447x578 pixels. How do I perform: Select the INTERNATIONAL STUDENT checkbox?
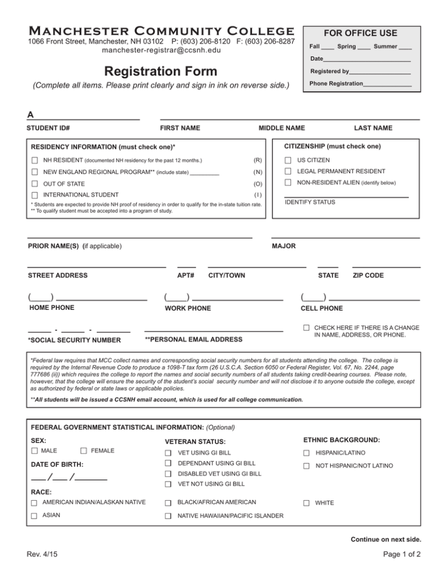[36, 195]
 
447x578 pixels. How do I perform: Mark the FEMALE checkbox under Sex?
[84, 451]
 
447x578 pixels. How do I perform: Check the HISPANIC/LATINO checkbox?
[306, 452]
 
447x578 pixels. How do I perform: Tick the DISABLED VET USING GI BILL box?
[168, 473]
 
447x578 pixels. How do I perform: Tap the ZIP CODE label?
[368, 275]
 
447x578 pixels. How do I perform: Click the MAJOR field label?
[283, 246]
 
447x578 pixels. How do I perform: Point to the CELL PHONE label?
[321, 308]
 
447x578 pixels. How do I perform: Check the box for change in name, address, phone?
[306, 329]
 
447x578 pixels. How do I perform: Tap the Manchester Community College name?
[153, 30]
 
